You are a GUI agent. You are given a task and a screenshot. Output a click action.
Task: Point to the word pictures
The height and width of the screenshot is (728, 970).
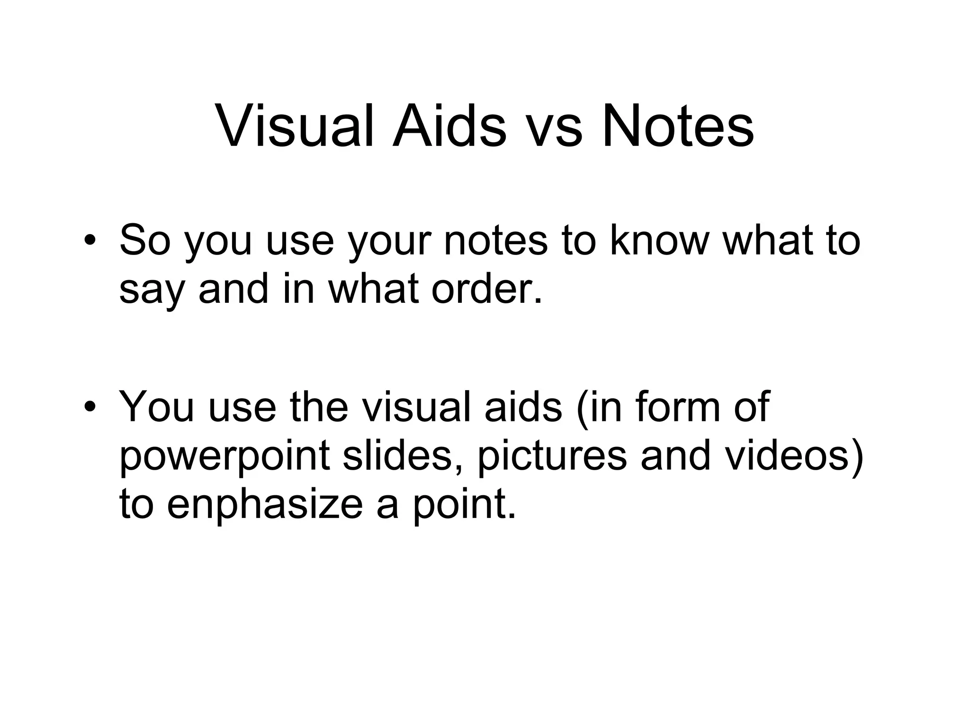tap(552, 457)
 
